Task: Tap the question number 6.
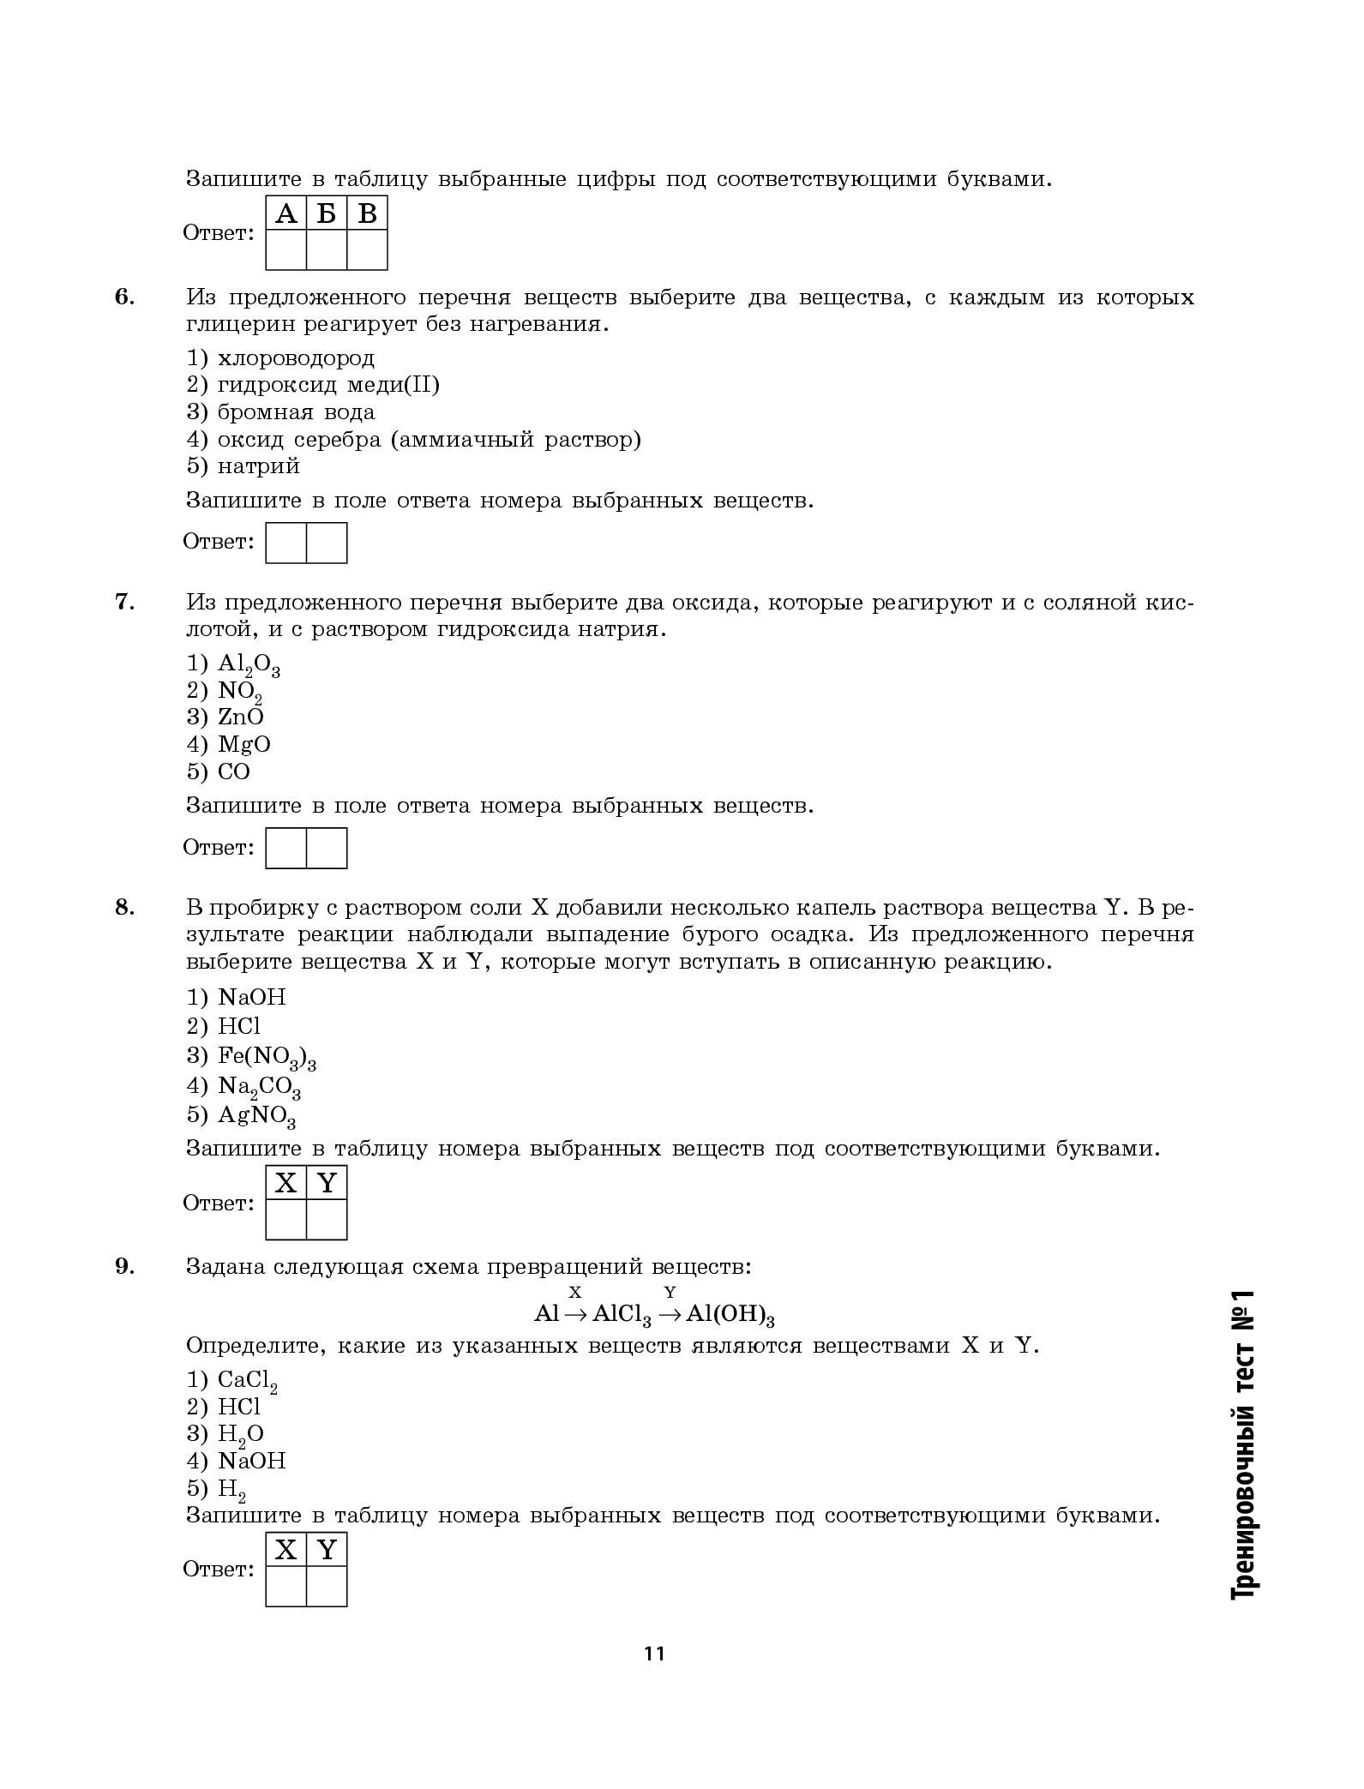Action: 125,297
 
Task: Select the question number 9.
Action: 125,1266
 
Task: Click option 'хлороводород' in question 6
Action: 296,357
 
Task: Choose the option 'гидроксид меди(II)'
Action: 328,385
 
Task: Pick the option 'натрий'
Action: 258,466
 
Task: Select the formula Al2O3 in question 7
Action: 249,664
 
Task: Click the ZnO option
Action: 240,717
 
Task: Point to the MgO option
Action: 243,744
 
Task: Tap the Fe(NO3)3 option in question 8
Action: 267,1057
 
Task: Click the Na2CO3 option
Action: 259,1087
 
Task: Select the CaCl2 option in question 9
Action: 247,1381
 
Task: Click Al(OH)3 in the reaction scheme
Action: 730,1315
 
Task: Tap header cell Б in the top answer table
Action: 327,213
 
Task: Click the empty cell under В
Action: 367,250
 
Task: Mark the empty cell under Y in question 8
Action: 327,1219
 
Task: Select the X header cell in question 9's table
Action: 286,1550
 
